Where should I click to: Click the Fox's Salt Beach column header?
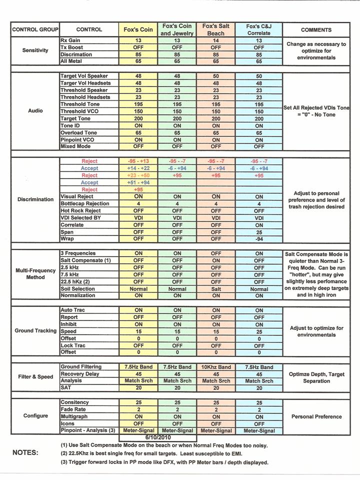tap(216, 29)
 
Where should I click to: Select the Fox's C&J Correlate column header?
tap(259, 29)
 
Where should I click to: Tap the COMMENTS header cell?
tap(316, 29)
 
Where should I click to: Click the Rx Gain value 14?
tap(216, 40)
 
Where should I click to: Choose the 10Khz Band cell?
tap(216, 367)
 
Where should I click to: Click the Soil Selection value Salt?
tap(216, 289)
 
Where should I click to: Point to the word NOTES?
tap(25, 452)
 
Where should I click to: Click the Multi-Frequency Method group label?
tap(35, 274)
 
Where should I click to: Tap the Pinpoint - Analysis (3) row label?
tap(88, 430)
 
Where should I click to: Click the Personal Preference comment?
tap(316, 416)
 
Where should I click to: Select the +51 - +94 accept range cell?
tap(138, 182)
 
